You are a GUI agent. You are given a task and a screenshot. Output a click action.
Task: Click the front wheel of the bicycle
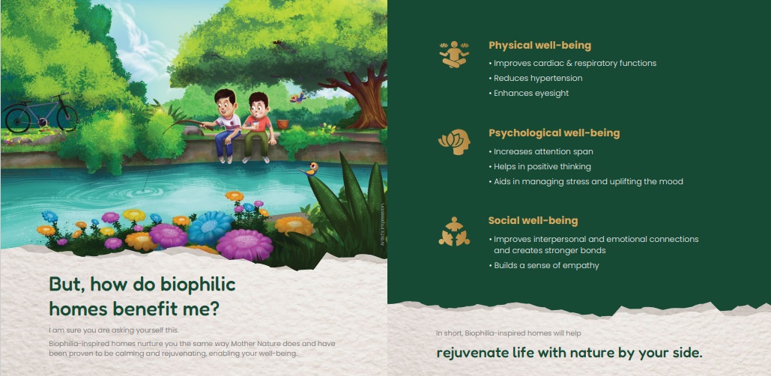66,118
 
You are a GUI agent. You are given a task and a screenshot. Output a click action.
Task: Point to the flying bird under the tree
297,98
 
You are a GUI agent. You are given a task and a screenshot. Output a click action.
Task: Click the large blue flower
210,227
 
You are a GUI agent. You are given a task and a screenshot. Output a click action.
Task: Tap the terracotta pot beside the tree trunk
282,124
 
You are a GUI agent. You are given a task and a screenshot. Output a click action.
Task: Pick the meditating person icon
454,54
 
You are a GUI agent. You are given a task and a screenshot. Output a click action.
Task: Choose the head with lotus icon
454,142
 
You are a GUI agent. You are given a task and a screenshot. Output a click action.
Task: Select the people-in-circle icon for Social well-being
454,231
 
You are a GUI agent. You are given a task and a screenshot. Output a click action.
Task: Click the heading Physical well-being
540,46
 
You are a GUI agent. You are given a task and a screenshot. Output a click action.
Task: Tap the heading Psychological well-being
554,133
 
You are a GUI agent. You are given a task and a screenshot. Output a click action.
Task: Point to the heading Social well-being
533,221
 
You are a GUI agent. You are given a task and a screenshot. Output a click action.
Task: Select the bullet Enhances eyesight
528,93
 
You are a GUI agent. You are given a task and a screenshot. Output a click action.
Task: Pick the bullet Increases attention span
541,152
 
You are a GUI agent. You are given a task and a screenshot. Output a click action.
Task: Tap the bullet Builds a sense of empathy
544,265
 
